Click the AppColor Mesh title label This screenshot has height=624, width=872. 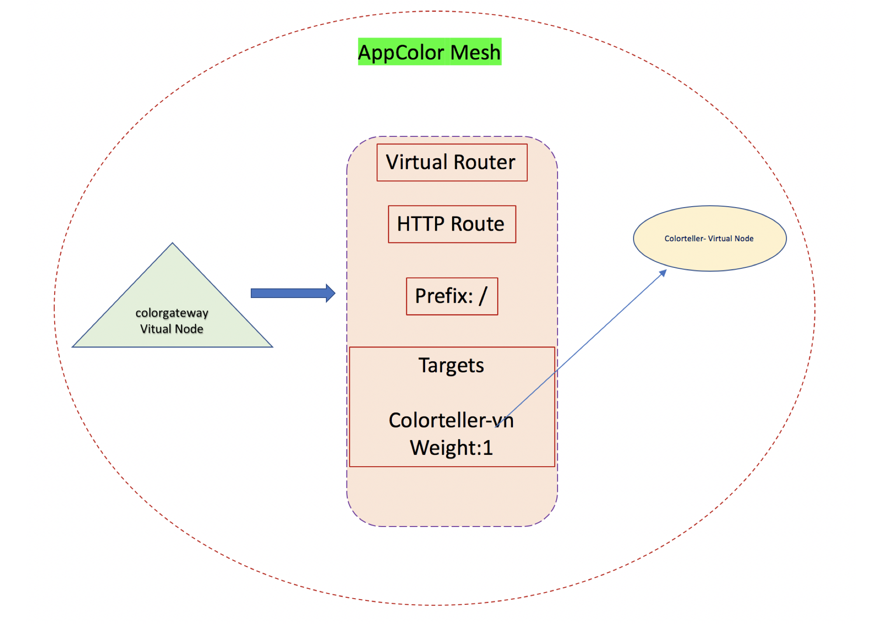(429, 52)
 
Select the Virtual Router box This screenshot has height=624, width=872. (452, 163)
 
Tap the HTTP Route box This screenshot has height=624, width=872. (452, 224)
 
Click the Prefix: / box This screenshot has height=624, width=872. (452, 296)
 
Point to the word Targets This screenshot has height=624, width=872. (451, 365)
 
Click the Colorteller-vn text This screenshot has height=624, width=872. (451, 420)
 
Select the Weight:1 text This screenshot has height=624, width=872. (451, 448)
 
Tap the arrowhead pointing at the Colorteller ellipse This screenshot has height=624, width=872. (663, 273)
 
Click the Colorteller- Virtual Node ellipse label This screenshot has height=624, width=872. (709, 239)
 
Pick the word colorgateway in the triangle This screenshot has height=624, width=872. (172, 313)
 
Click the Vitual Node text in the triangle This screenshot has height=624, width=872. (172, 329)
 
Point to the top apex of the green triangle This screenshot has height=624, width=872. (173, 244)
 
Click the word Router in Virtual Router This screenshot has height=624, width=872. (484, 163)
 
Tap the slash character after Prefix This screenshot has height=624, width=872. (483, 296)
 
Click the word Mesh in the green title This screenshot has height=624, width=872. (475, 52)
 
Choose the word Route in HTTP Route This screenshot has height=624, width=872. (477, 224)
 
